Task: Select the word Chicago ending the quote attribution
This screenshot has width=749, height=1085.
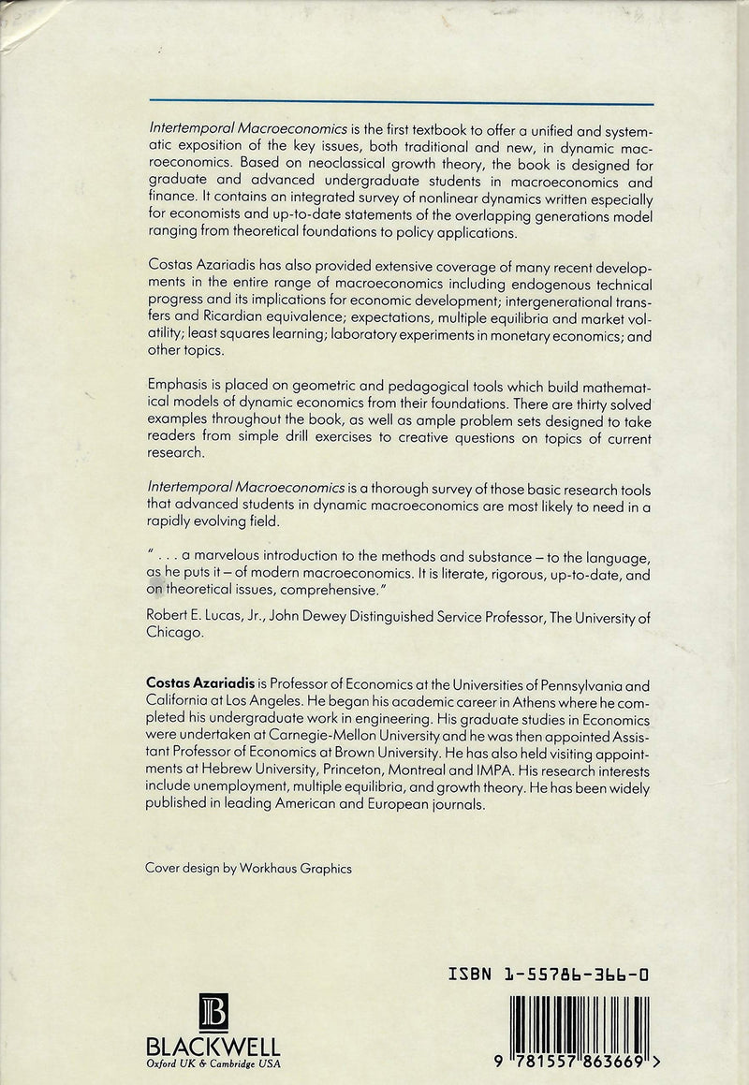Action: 175,632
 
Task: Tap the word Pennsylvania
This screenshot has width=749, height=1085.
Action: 567,684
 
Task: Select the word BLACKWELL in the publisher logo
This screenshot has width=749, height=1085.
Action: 213,1045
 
